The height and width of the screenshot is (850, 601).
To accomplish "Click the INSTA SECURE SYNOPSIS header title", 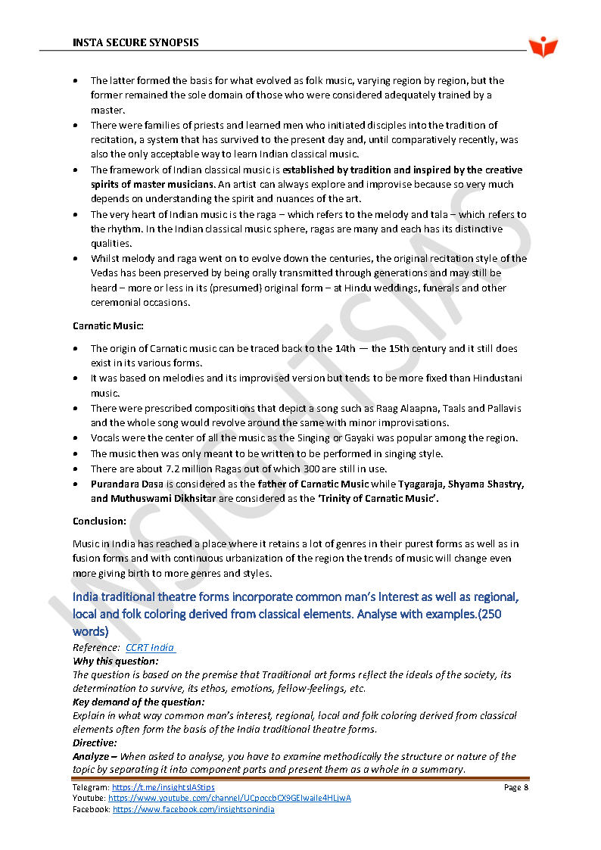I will [x=135, y=42].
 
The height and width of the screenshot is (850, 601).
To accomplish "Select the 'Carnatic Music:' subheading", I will [x=108, y=325].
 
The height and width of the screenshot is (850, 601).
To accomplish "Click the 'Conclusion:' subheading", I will [x=99, y=521].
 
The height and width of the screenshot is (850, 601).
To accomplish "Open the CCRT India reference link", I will [x=150, y=647].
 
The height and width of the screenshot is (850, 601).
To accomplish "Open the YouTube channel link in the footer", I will [x=229, y=799].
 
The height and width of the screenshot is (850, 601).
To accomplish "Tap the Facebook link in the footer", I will [x=193, y=809].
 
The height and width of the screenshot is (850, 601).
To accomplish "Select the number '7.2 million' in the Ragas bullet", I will [x=157, y=469].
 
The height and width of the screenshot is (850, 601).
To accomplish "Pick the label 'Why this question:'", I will [x=116, y=661].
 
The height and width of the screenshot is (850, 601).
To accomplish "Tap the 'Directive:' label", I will [x=96, y=743].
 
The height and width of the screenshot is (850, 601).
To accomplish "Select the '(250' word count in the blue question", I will [x=489, y=615].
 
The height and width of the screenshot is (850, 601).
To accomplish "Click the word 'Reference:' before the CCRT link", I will [x=96, y=647].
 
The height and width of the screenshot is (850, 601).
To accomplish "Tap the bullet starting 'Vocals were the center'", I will [x=304, y=438].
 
